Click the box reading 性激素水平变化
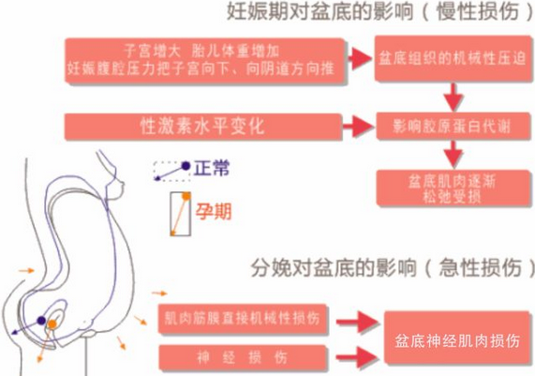point(203,127)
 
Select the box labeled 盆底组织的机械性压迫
point(453,58)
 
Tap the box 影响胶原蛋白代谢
point(453,127)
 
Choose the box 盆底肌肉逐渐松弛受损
point(453,188)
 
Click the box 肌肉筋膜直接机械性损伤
point(243,320)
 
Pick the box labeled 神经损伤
point(243,357)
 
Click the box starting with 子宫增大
point(204,61)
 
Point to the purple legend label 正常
point(212,168)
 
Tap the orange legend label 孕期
point(214,212)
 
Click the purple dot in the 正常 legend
point(186,166)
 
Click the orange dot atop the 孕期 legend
point(186,196)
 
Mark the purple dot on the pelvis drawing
point(41,321)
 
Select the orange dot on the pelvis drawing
point(52,323)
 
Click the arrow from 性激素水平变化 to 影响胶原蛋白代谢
point(358,127)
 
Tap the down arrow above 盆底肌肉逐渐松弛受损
point(453,155)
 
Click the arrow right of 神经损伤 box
point(357,357)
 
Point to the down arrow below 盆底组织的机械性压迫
point(453,98)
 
